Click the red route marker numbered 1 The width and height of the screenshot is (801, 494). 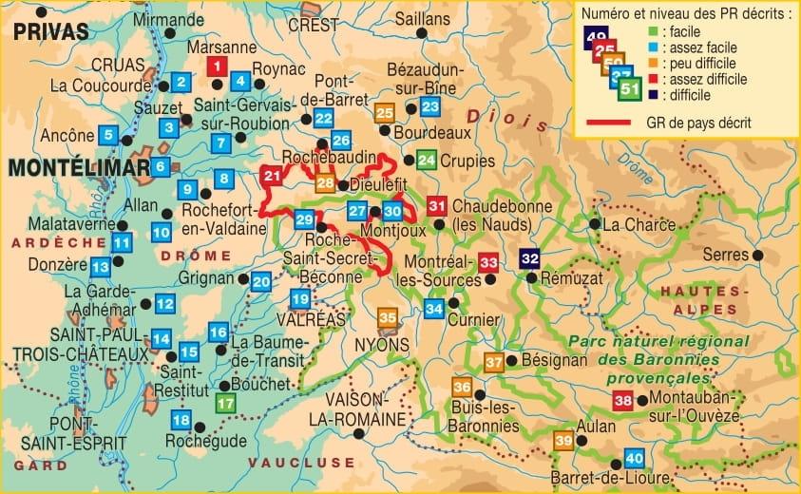217,66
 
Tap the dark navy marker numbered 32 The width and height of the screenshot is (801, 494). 530,257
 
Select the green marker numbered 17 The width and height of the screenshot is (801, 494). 224,403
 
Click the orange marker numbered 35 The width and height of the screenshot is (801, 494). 388,317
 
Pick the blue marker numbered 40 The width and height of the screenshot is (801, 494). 634,457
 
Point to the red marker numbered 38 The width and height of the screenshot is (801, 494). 622,401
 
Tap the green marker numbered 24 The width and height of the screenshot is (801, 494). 427,160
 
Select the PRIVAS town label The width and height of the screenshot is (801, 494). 51,31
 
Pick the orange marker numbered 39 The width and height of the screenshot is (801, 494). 563,440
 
